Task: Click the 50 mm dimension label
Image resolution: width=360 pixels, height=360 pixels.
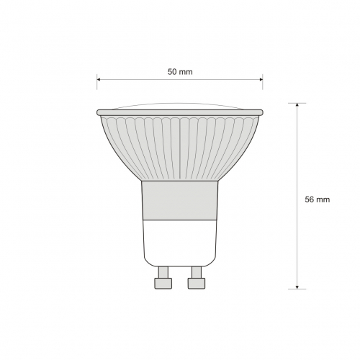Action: click(x=180, y=72)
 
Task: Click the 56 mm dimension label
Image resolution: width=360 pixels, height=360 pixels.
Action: click(x=318, y=199)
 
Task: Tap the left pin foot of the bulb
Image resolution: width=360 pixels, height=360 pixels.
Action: click(x=163, y=284)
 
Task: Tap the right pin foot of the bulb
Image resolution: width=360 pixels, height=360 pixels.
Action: click(x=197, y=284)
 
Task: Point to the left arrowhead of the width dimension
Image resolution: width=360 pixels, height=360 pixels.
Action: click(x=99, y=79)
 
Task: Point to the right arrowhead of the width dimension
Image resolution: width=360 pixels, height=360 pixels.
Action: click(x=261, y=79)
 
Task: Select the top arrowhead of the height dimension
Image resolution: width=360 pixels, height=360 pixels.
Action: click(x=297, y=105)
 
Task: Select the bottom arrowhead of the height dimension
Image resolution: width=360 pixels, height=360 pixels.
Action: click(x=297, y=287)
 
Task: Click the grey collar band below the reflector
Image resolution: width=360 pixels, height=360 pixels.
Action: click(x=180, y=200)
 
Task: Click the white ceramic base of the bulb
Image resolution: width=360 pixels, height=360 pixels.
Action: click(x=180, y=243)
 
